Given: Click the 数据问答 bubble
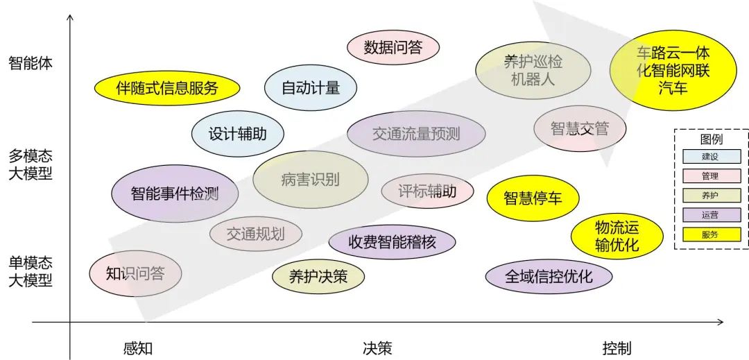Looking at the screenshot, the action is (x=393, y=47).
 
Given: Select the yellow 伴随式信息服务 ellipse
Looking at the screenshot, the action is (x=167, y=87).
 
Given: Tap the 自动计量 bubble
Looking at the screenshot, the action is (x=311, y=88).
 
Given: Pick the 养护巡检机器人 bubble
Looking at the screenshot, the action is (x=533, y=70).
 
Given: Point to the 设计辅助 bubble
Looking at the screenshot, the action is (x=237, y=134).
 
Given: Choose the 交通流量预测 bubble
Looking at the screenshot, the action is (x=415, y=134).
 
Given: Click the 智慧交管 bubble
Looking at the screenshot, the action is (x=579, y=128).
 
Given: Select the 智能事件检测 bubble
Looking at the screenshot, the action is (x=175, y=194).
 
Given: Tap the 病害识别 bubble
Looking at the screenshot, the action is (x=310, y=180).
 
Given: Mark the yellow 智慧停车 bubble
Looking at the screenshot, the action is (x=532, y=198).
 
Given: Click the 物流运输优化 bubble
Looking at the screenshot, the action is (x=617, y=236).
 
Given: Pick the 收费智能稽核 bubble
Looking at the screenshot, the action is (x=392, y=242).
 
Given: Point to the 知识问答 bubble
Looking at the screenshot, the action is (x=135, y=273).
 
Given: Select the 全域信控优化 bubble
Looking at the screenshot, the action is (x=549, y=277).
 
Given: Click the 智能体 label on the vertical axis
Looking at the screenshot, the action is (x=31, y=63).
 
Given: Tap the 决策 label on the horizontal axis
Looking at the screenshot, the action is (x=377, y=348).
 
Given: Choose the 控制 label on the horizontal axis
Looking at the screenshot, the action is (x=617, y=348).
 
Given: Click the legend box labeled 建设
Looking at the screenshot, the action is (x=711, y=157).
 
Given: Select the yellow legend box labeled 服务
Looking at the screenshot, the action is (x=711, y=234).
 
